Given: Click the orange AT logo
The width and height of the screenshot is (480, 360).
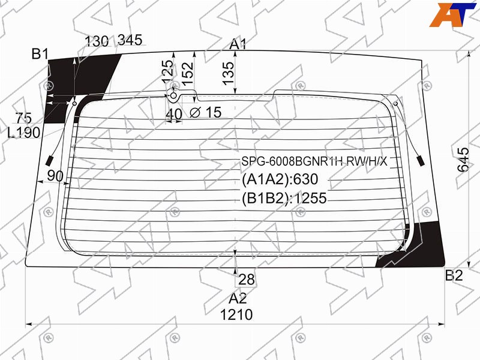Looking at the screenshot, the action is click(x=452, y=14).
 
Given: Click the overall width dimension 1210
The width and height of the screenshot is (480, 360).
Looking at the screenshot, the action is click(x=236, y=314).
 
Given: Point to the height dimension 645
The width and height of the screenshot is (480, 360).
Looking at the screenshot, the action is click(x=463, y=160).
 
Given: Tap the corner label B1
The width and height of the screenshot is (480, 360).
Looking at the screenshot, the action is click(x=40, y=54).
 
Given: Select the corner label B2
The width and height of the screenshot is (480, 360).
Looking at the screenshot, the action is click(x=454, y=275).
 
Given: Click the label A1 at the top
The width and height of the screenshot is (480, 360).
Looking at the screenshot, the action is click(x=238, y=44).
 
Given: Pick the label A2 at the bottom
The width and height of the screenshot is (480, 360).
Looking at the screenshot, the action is click(x=238, y=298).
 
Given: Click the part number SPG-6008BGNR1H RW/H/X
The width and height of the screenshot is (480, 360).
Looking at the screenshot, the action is click(x=314, y=161).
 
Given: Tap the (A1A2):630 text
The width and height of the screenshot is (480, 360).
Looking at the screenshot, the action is click(x=280, y=179).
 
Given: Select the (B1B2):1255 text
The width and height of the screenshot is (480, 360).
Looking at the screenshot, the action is click(x=284, y=198).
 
